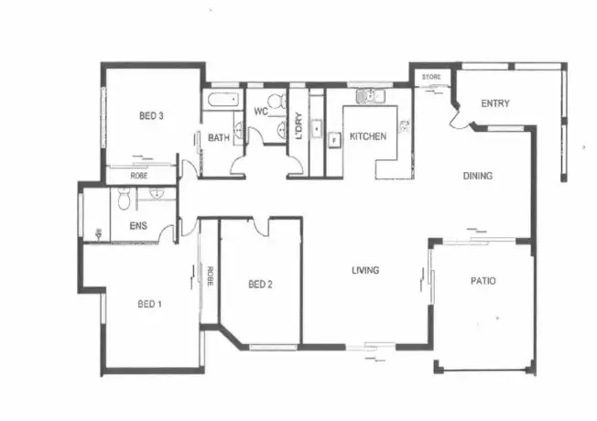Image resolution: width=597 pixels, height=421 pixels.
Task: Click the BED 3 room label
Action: (151, 116)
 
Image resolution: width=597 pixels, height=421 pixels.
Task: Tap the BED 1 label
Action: (149, 304)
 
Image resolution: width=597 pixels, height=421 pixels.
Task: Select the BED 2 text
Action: (261, 285)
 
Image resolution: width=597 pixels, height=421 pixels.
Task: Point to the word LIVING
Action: (366, 270)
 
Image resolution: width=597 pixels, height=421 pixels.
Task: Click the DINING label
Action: (478, 177)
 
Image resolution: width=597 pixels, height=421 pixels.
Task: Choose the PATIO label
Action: (483, 281)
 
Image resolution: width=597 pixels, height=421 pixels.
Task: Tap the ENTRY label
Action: (494, 104)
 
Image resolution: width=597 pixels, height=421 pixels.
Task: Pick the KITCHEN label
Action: (367, 136)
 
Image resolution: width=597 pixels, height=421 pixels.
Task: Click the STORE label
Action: (431, 77)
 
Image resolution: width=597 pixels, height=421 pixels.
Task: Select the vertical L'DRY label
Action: (300, 126)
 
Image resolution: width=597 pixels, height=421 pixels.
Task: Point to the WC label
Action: (261, 113)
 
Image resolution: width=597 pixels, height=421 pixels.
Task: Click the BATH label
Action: (218, 138)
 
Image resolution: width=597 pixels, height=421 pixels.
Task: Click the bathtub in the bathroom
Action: (222, 98)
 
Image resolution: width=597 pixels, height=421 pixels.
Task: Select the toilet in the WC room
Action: (275, 101)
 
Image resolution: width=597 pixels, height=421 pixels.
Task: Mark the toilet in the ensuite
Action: (124, 197)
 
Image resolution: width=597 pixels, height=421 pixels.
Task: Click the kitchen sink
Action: (371, 94)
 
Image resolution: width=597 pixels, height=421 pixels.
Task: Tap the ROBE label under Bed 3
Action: (139, 174)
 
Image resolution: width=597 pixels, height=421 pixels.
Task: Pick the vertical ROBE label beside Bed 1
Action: (210, 275)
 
